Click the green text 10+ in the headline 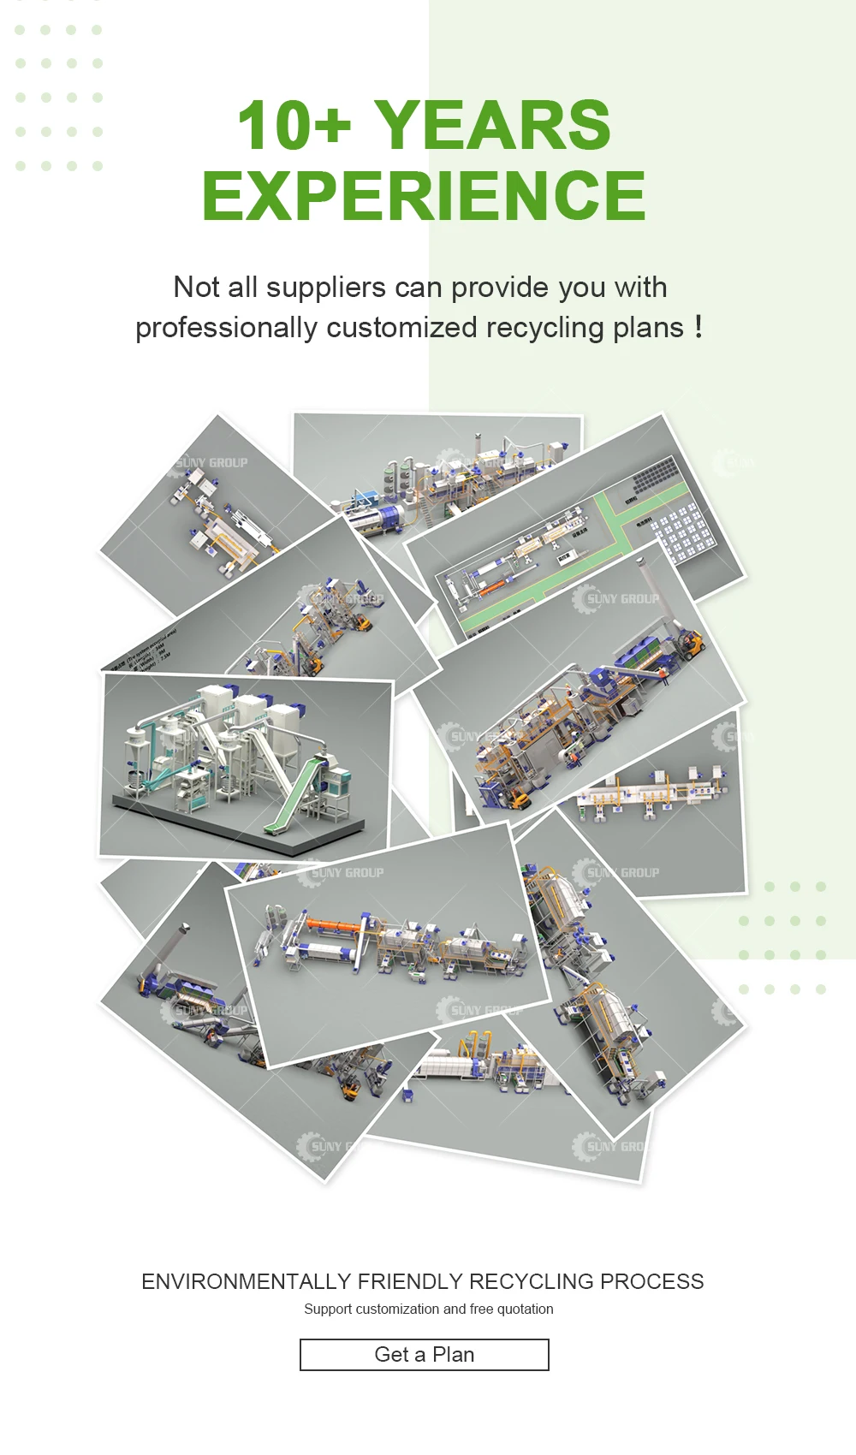tap(294, 126)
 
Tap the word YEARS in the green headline tap(492, 126)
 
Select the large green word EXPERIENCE tap(424, 196)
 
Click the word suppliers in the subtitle tap(325, 288)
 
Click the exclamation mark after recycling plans tap(698, 326)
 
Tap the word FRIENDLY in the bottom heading tap(409, 1281)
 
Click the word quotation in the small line tap(525, 1309)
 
